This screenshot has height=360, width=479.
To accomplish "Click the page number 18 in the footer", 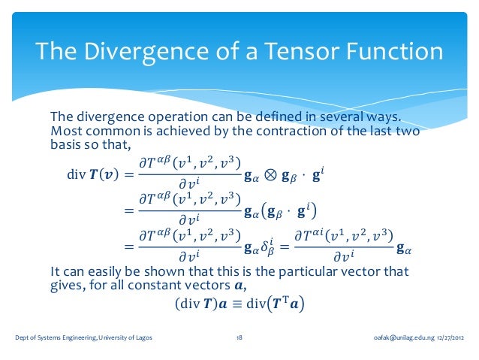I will (x=238, y=338).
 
